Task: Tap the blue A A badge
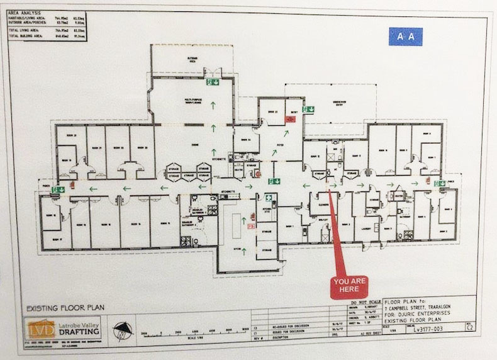pos(405,37)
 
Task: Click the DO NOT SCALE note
pos(364,302)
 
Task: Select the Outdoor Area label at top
pos(193,59)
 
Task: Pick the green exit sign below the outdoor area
pos(214,81)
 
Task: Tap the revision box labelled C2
pos(481,328)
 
